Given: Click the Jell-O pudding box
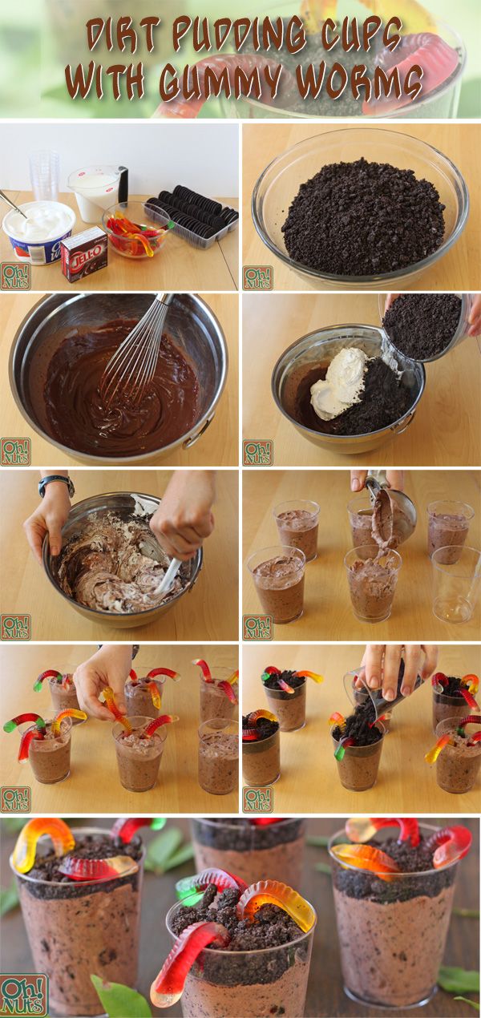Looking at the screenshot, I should pyautogui.click(x=83, y=253).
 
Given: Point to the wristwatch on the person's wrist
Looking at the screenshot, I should pyautogui.click(x=56, y=484).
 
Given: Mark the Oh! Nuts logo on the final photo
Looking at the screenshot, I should pyautogui.click(x=23, y=995).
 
